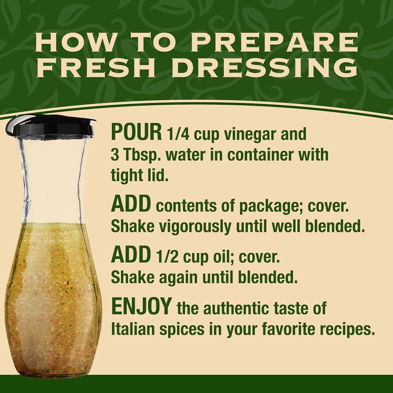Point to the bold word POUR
[x=136, y=133]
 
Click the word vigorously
[x=193, y=227]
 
